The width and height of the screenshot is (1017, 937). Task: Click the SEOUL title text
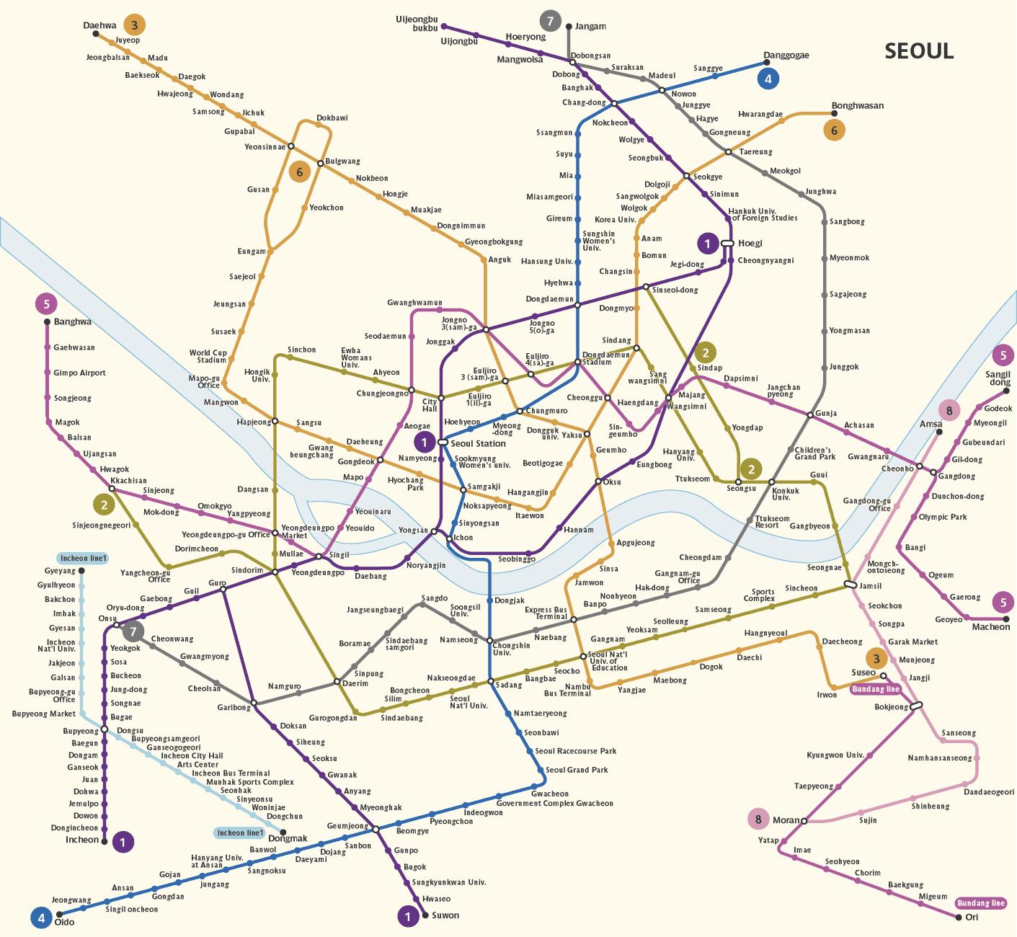coord(919,51)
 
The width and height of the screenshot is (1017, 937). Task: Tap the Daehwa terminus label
coord(99,25)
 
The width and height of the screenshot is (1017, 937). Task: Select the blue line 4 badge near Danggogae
coord(768,79)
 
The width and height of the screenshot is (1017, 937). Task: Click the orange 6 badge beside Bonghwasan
coord(834,130)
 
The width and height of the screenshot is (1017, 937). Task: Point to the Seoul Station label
coord(478,444)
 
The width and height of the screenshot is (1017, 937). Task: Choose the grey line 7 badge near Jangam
coord(550,22)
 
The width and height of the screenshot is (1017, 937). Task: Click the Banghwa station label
coord(73,322)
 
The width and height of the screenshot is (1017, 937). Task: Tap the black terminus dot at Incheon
coord(105,842)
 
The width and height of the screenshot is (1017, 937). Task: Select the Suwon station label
coord(445,915)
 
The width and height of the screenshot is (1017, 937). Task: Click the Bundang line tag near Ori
coord(980,903)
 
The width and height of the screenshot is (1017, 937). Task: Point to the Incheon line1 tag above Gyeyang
coord(83,559)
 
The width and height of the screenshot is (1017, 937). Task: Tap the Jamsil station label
coord(871,586)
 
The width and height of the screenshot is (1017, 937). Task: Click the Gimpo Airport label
coord(79,373)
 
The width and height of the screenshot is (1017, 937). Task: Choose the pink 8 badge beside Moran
coord(758,820)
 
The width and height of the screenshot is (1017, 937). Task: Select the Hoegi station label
coord(750,244)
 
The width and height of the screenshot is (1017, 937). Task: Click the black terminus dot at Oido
coord(59,915)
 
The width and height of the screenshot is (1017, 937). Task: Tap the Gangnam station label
coord(608,639)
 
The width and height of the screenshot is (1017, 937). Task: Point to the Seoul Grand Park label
coord(577,770)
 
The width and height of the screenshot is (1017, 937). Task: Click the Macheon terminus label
coord(991,626)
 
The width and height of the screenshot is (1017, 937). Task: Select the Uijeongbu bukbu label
coord(417,24)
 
